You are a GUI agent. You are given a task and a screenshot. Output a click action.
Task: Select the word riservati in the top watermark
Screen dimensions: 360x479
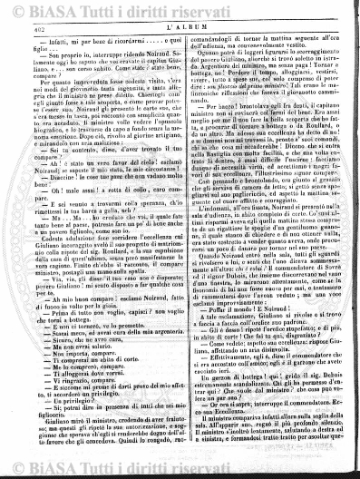231,8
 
